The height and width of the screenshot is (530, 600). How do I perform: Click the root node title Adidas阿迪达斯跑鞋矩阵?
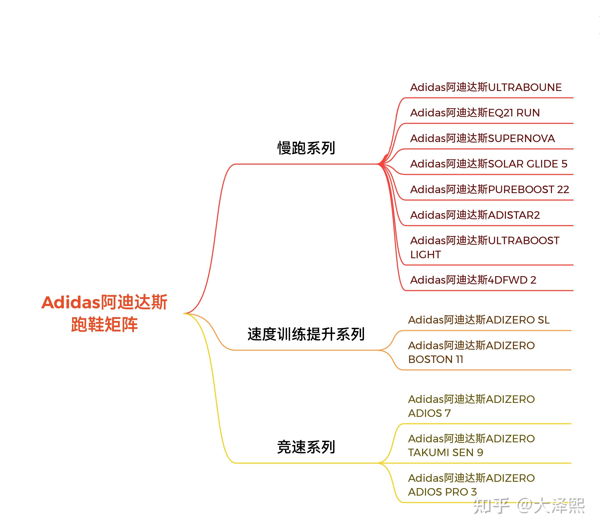104,313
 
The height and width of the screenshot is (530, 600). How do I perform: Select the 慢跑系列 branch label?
306,148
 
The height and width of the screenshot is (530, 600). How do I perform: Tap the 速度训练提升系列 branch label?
306,334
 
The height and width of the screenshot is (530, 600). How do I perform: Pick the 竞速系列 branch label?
306,447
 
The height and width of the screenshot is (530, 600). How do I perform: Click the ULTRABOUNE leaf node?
486,87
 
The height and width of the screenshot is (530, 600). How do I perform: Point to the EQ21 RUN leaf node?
475,113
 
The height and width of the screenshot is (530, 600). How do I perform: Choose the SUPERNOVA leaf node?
483,138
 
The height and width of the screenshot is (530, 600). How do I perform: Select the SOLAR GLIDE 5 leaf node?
489,164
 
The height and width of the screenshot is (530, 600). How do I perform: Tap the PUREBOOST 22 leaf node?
490,190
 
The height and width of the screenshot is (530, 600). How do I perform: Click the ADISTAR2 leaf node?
475,215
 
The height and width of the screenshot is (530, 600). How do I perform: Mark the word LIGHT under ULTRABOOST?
426,254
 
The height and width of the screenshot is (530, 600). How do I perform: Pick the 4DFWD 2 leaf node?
473,280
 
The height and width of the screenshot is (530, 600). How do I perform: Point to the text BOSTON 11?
436,359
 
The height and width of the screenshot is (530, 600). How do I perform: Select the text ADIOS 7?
429,413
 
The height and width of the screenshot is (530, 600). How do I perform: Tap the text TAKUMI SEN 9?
446,452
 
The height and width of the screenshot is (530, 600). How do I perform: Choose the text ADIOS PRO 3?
442,492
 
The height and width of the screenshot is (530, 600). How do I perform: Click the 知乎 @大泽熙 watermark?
529,506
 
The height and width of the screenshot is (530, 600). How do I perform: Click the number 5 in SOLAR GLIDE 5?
564,164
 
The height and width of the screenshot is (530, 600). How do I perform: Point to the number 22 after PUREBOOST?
563,190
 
